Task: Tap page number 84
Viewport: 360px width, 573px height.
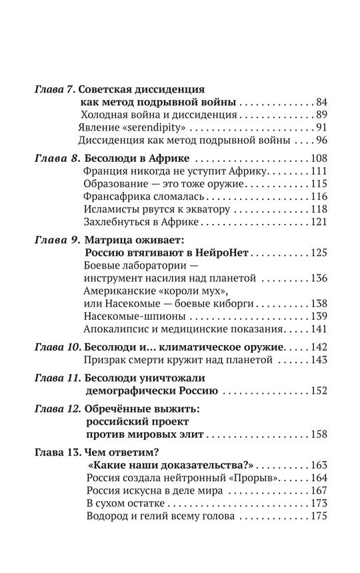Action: click(323, 103)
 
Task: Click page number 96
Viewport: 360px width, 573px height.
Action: click(323, 141)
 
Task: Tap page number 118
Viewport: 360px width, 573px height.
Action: click(320, 209)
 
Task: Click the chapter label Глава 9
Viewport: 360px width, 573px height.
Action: click(56, 241)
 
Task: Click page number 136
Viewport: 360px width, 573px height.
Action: click(320, 278)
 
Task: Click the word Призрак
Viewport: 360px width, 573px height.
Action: click(106, 360)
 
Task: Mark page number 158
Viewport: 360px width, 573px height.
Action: click(320, 435)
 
